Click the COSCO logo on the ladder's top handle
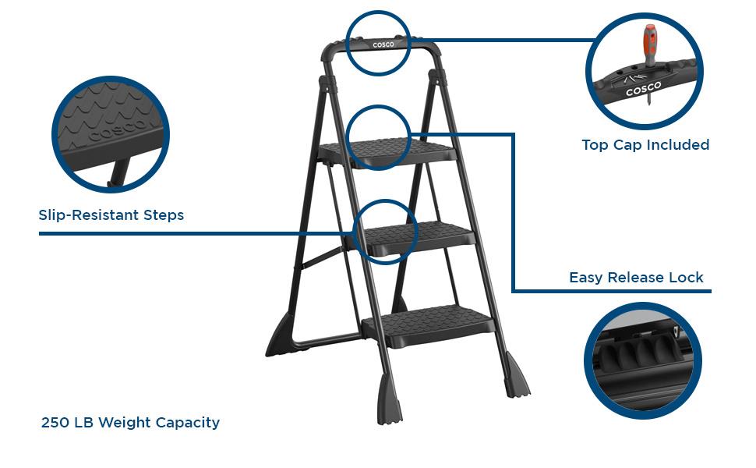(x=383, y=45)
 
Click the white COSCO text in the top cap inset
(x=643, y=89)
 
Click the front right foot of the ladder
(x=517, y=376)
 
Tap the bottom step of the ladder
(x=429, y=326)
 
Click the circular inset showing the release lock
(x=643, y=361)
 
